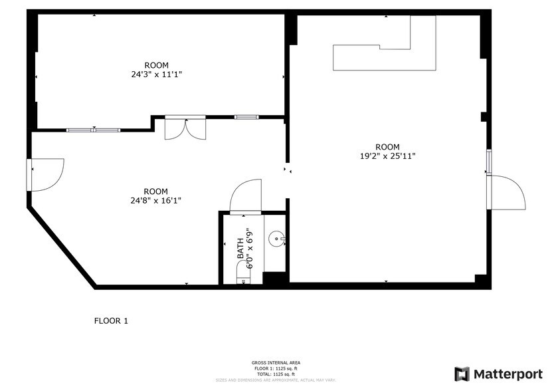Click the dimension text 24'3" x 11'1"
157,74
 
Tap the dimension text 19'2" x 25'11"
387,157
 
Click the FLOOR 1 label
110,321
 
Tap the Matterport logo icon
462,374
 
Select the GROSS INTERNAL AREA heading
276,362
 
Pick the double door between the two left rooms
186,128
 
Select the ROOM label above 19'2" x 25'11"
387,147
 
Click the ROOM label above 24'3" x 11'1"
157,65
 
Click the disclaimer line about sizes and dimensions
276,380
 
